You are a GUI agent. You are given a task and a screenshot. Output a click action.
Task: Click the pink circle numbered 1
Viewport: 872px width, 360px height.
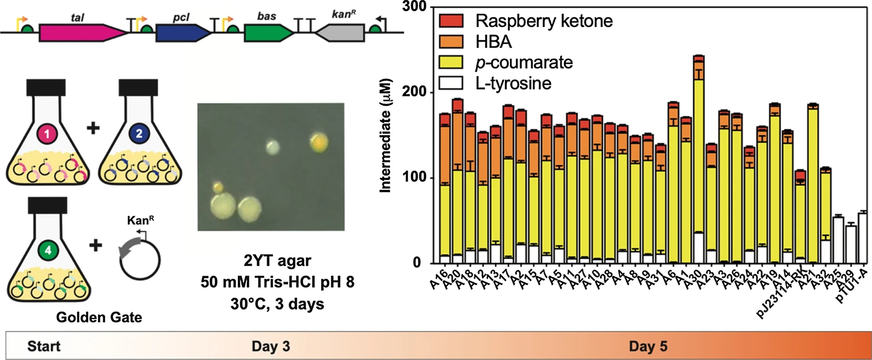46,133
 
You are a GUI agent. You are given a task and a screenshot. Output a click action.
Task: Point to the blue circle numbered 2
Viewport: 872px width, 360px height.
139,133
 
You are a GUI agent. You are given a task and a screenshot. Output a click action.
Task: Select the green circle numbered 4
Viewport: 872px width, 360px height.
48,251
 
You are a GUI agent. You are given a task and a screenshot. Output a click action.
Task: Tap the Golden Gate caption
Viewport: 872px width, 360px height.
99,317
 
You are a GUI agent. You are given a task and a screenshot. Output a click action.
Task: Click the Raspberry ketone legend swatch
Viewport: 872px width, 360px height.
451,21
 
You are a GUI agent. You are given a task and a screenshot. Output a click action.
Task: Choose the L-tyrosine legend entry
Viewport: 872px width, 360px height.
513,84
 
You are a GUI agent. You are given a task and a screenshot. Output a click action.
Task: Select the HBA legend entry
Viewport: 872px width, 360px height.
493,42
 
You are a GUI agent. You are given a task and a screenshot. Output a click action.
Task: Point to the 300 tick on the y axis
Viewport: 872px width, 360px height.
416,7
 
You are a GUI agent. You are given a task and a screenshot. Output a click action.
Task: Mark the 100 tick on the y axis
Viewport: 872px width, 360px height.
416,178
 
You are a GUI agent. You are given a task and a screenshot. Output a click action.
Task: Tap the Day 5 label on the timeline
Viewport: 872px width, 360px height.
648,346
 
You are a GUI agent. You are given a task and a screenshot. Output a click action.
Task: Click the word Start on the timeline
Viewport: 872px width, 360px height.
44,346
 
